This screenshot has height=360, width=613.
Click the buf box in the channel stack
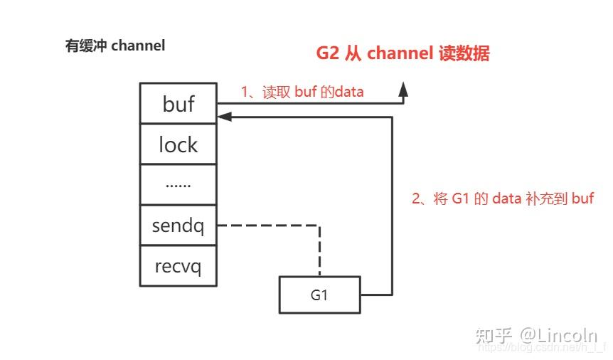178,104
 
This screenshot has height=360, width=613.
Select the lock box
178,144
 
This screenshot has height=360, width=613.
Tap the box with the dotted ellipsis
178,184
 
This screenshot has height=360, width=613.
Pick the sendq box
178,226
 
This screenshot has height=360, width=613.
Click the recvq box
178,266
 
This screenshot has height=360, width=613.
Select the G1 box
319,295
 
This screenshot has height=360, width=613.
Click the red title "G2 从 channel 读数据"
403,54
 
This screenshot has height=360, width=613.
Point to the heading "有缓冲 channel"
115,46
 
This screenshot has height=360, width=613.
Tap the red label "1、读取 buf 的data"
302,91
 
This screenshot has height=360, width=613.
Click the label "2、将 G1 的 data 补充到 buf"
503,198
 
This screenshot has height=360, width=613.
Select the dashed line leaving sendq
267,226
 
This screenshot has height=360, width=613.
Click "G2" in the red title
329,54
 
